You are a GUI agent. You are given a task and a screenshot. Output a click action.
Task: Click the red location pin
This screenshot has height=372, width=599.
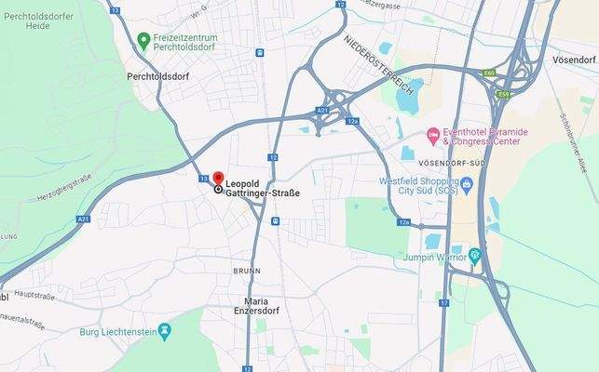point(219,178)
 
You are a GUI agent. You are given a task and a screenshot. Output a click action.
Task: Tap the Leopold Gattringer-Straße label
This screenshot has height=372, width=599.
point(251,187)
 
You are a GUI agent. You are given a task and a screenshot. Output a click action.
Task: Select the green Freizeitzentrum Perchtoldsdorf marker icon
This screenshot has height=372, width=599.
point(143,40)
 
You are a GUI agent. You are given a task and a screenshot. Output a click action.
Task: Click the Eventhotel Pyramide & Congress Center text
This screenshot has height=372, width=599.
point(484,138)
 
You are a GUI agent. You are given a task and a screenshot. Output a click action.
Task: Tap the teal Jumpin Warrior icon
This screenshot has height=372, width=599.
point(475,254)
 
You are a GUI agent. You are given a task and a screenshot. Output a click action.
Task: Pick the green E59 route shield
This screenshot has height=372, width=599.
point(504,94)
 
